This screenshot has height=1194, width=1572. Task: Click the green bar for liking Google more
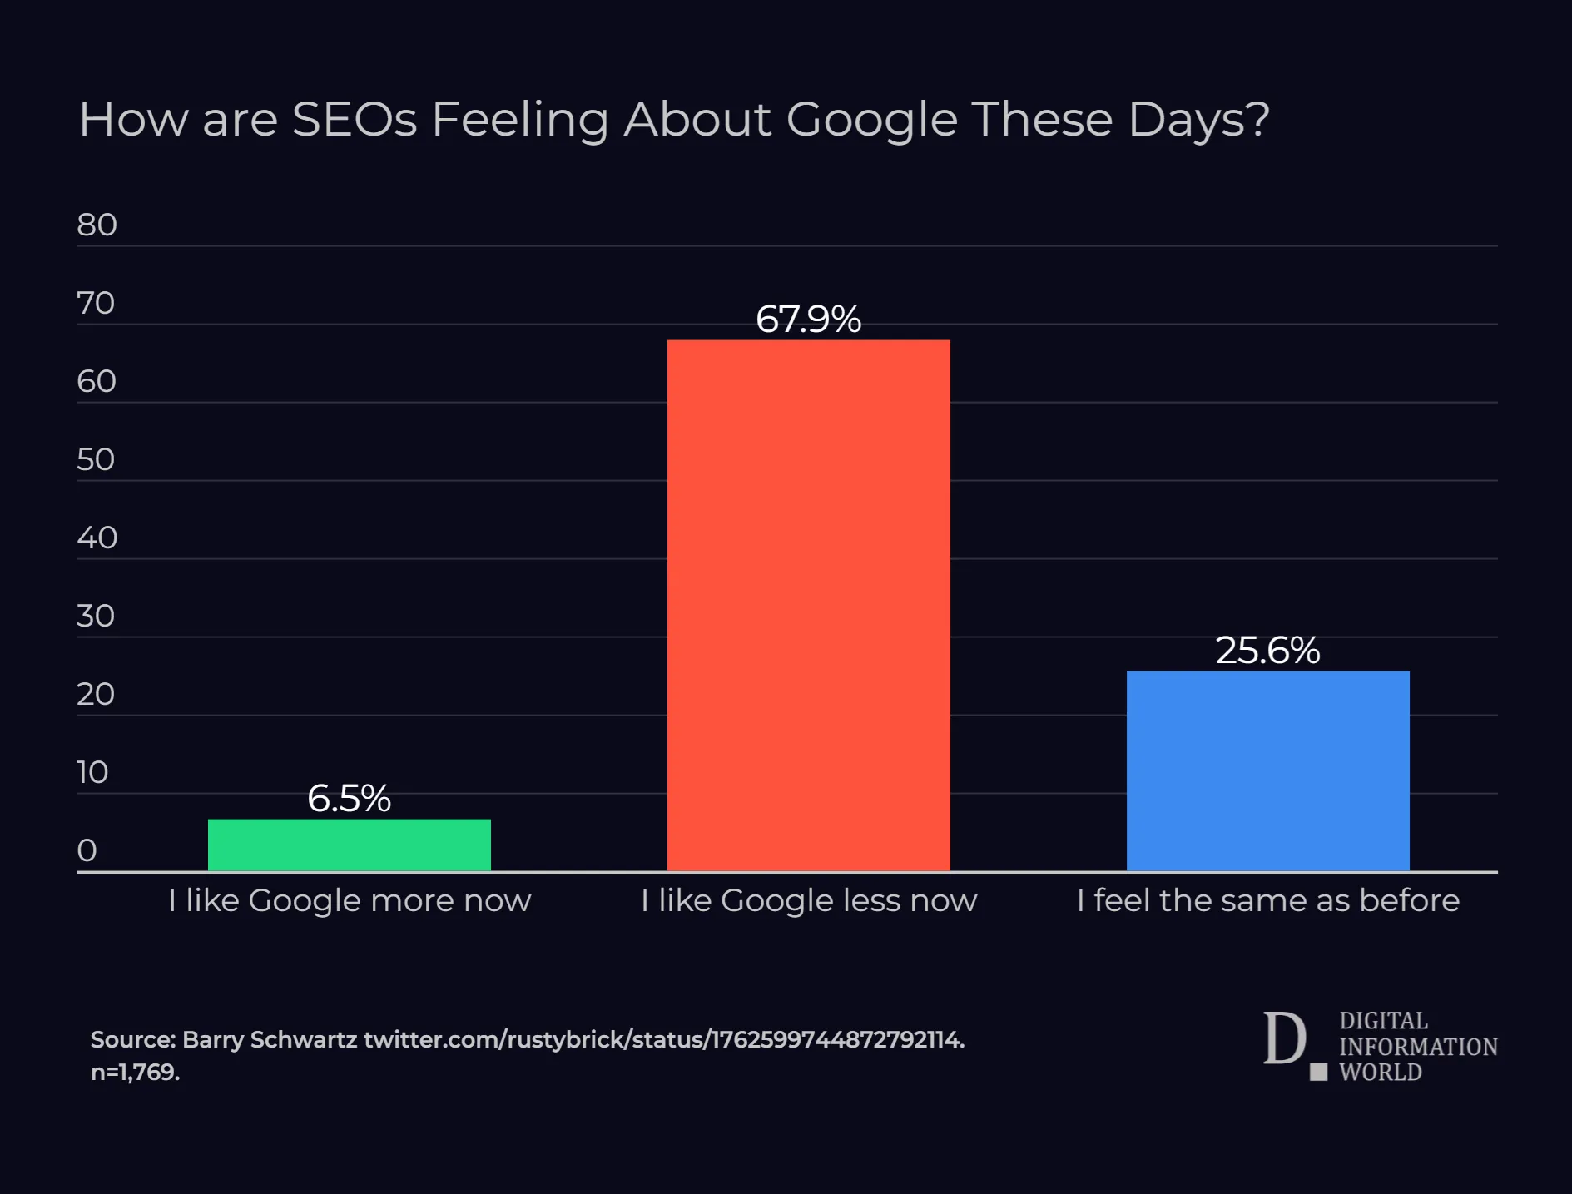pos(349,845)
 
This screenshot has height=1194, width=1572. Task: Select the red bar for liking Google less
pos(808,605)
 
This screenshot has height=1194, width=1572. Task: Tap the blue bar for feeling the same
pos(1267,770)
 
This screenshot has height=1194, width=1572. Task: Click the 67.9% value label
pos(808,320)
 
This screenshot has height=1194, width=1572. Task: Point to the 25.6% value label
pos(1267,651)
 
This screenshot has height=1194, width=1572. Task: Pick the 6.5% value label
pos(349,799)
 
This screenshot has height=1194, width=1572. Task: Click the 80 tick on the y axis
pos(97,225)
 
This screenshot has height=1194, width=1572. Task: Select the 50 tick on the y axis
pos(96,460)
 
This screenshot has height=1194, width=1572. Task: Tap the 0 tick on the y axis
pos(87,850)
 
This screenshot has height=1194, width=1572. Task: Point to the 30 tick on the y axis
pos(96,617)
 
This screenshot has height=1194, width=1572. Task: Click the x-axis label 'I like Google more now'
pos(349,900)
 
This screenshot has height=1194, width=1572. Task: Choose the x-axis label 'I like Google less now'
pos(808,900)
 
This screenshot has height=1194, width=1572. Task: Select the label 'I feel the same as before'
pos(1267,900)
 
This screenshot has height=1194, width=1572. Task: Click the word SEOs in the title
pos(355,119)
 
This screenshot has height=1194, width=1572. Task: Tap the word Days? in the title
pos(1198,119)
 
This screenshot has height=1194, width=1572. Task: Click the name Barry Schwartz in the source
pos(270,1040)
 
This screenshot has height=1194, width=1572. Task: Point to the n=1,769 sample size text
pos(135,1073)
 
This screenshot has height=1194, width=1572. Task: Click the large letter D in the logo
pos(1284,1038)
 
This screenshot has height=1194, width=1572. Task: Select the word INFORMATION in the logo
pos(1418,1047)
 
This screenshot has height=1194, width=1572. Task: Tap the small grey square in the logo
pos(1318,1073)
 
